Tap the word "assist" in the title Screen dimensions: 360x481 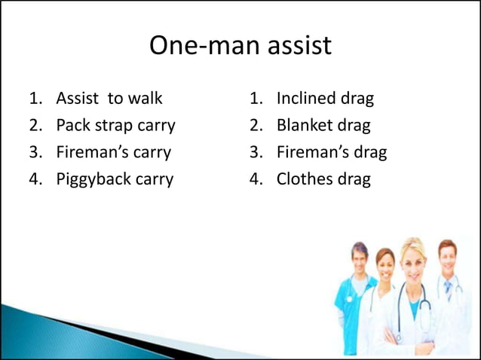point(297,46)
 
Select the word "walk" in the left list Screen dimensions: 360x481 point(144,99)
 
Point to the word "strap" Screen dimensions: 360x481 point(112,127)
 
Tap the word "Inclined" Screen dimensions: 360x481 point(307,99)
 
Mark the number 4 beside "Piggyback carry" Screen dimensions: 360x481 point(35,180)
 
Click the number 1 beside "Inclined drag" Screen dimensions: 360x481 point(256,99)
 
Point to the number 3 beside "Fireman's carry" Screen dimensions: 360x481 point(35,153)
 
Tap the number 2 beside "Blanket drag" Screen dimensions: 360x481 point(256,126)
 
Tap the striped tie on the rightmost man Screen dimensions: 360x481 point(448,290)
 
